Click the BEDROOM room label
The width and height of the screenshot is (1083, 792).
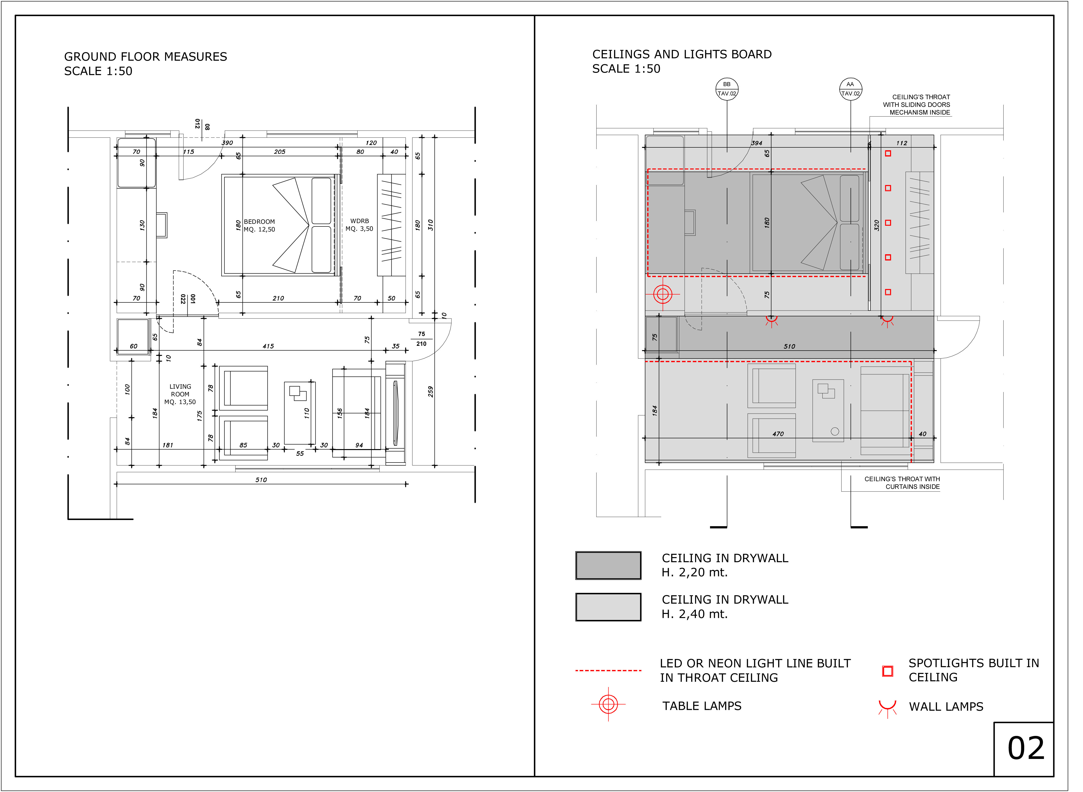point(259,221)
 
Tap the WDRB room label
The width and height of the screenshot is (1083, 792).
point(360,221)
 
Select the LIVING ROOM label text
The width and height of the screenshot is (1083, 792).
point(180,390)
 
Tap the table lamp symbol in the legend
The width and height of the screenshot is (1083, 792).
point(608,704)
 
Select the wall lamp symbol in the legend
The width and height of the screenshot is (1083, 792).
point(887,708)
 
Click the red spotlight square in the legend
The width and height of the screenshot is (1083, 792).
point(887,671)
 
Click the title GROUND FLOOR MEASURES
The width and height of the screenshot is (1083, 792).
point(146,57)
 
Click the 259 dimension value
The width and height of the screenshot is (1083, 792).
point(431,392)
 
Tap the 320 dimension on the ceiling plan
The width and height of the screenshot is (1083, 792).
point(876,225)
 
